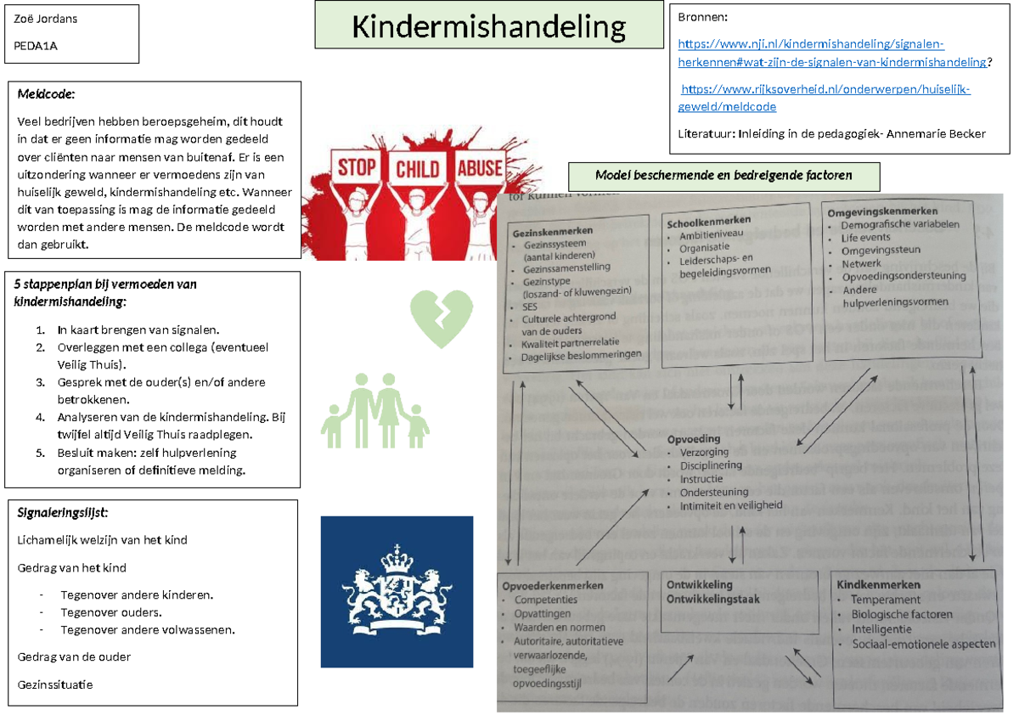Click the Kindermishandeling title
pos(488,27)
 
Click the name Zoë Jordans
pos(44,19)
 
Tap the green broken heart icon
pos(441,318)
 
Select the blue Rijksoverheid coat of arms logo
pos(397,591)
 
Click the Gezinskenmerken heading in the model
pos(552,230)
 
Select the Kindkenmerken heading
pos(878,585)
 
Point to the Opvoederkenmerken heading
pos(552,585)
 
